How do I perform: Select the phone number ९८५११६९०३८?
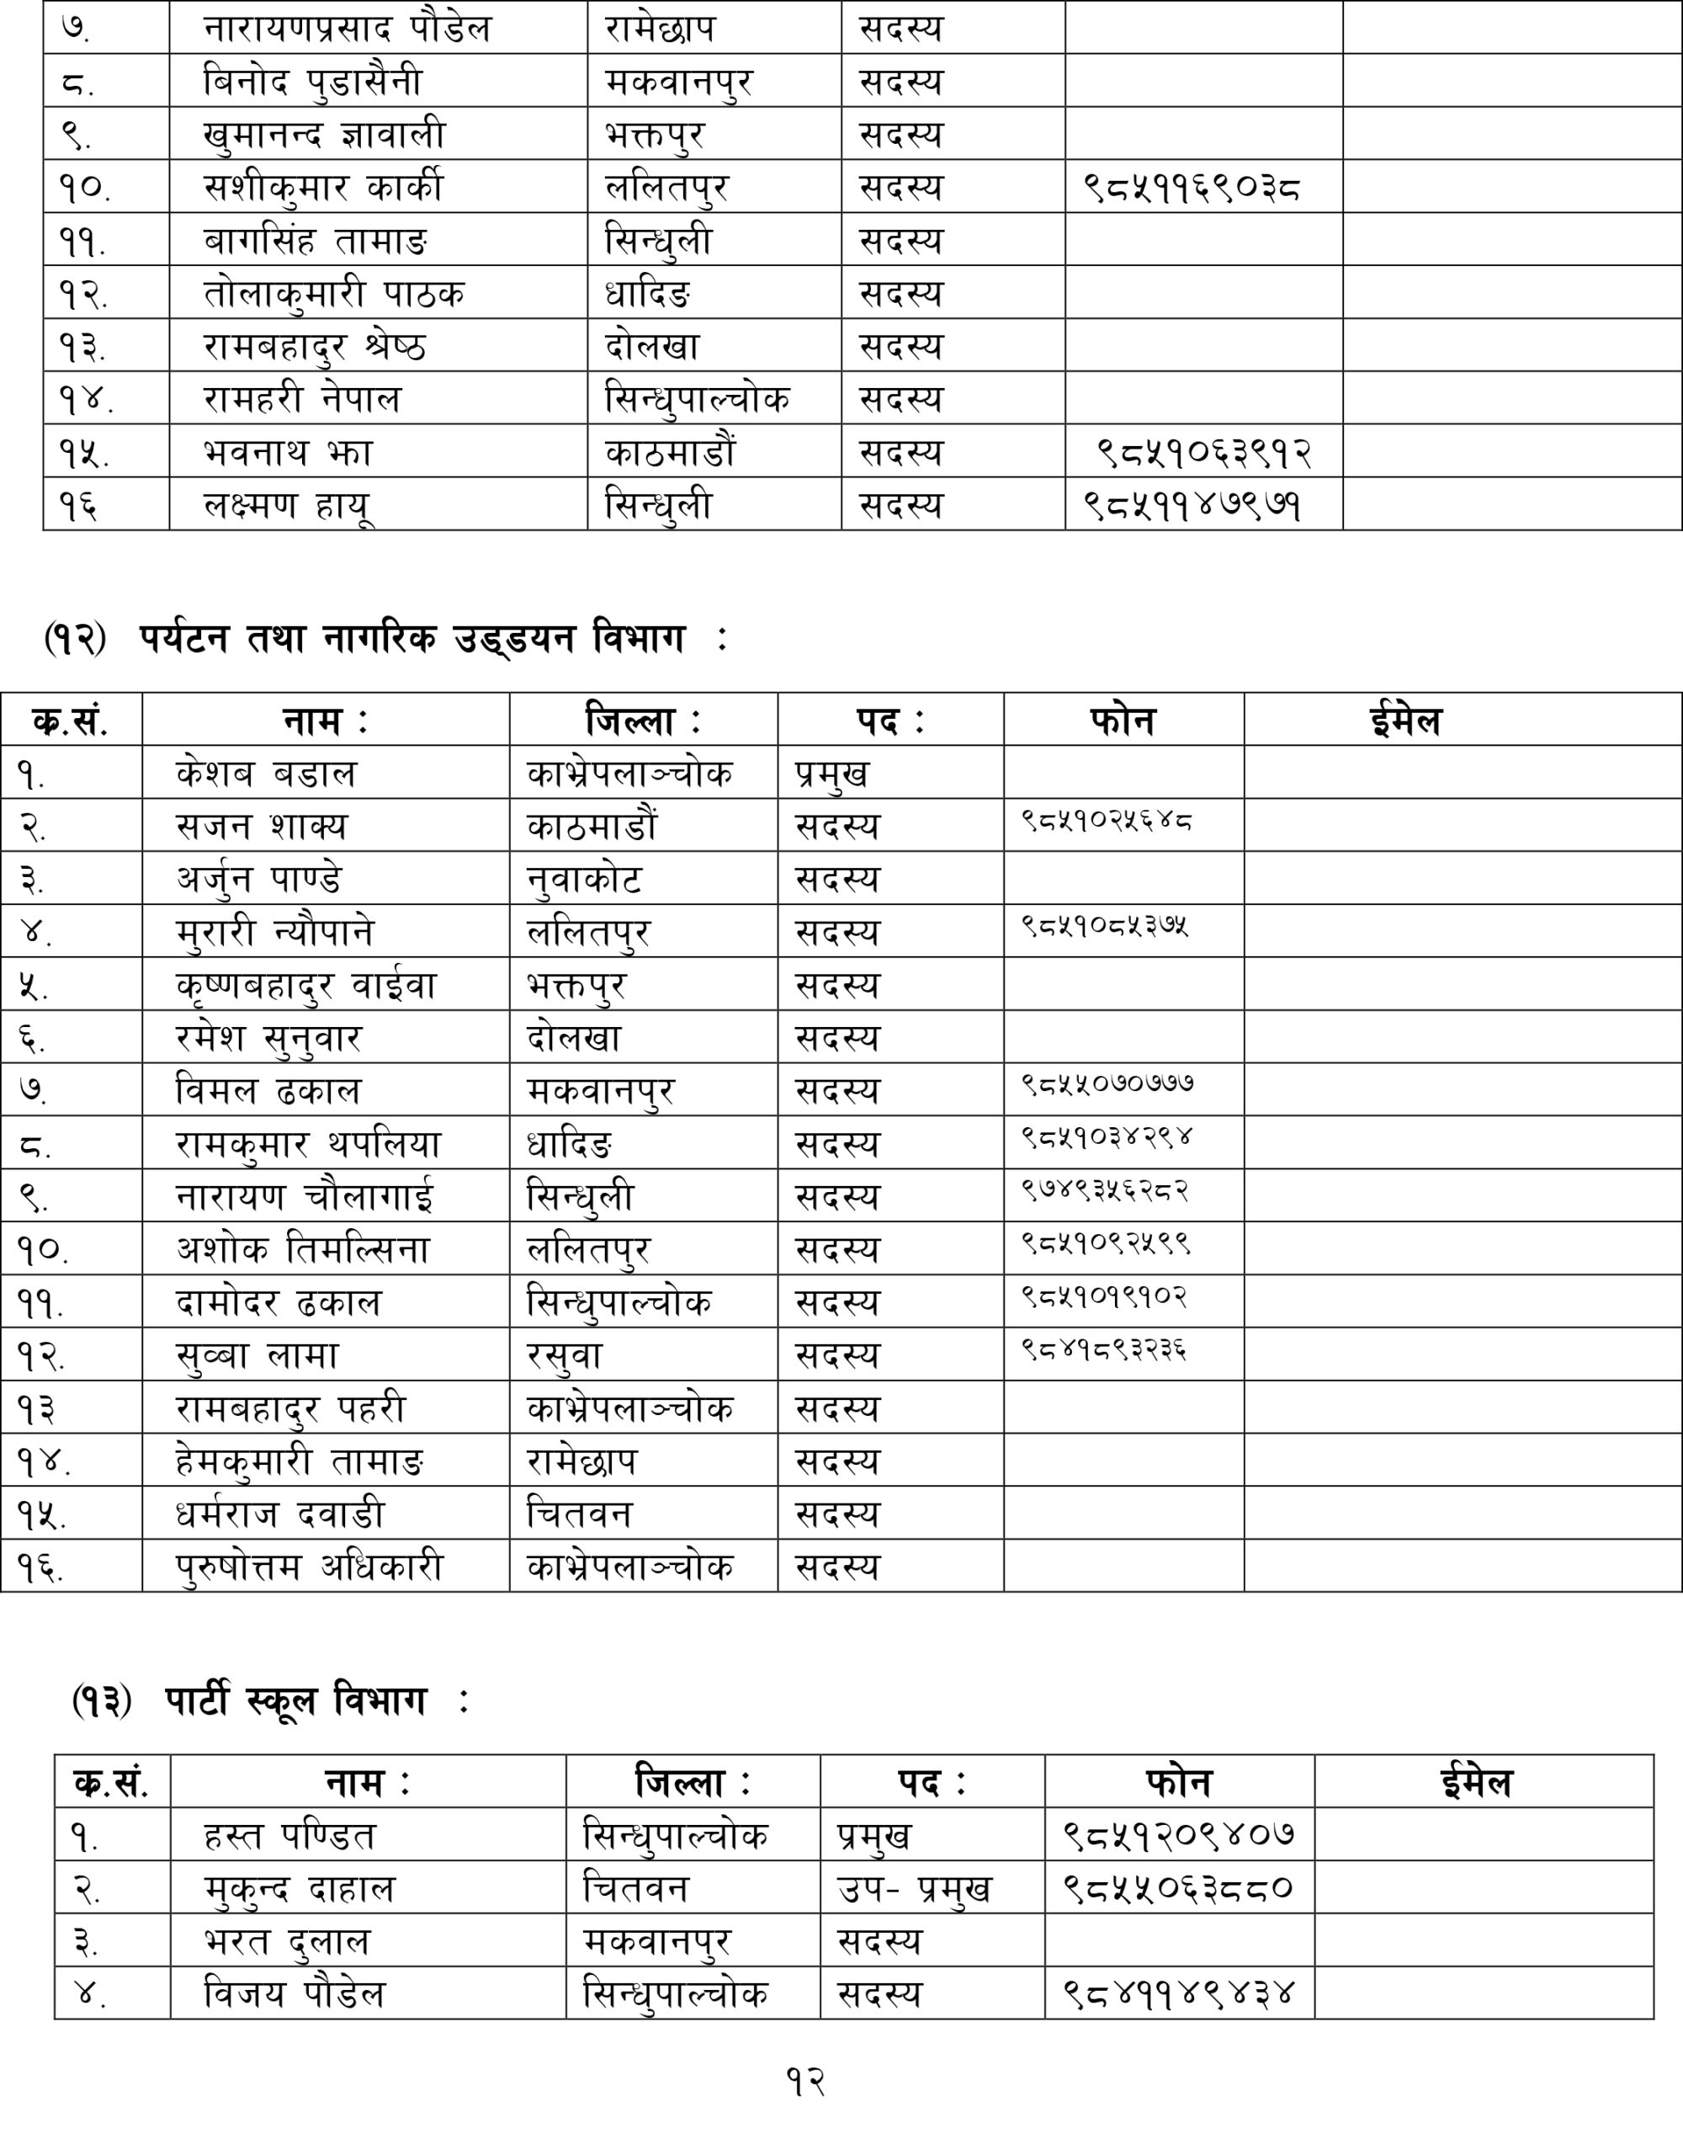click(1192, 188)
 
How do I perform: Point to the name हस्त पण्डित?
click(290, 1836)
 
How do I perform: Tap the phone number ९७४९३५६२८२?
click(1105, 1191)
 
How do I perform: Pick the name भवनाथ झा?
click(288, 453)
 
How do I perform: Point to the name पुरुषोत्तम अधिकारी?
click(310, 1567)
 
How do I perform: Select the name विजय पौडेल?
click(294, 1994)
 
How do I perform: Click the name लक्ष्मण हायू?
click(287, 505)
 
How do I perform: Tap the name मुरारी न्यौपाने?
click(275, 933)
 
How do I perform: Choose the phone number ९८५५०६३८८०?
click(1178, 1889)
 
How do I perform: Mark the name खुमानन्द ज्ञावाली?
click(325, 134)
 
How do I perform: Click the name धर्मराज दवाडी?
click(280, 1514)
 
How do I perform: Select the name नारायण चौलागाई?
click(305, 1197)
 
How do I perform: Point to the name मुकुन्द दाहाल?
click(299, 1890)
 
